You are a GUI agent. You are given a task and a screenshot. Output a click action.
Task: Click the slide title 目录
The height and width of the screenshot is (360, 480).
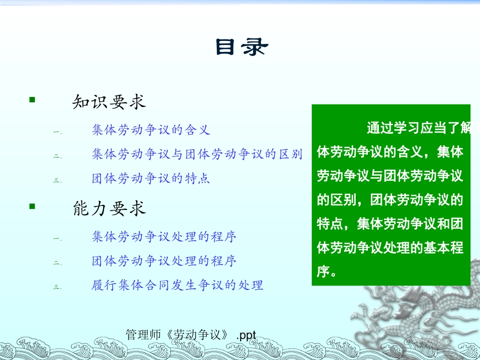[242, 47]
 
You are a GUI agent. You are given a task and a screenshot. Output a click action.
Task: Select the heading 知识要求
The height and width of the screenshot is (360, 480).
[109, 102]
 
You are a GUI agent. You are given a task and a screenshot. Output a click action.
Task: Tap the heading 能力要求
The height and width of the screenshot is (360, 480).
[109, 209]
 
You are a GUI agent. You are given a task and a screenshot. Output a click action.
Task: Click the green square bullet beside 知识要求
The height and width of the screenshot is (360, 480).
[32, 100]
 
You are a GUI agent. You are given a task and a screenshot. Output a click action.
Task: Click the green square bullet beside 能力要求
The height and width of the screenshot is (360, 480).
[32, 206]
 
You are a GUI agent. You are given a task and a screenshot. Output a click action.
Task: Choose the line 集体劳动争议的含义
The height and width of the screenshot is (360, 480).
[151, 130]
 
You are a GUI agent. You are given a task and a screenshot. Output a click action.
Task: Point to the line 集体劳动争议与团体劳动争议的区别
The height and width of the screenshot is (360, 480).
[197, 155]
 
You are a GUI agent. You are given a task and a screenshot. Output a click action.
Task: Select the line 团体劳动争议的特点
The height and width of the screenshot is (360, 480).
[151, 179]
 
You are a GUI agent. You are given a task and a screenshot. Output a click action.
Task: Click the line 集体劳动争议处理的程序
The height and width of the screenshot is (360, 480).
[164, 236]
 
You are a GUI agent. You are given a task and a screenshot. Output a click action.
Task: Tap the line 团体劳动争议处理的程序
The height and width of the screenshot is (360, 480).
[164, 261]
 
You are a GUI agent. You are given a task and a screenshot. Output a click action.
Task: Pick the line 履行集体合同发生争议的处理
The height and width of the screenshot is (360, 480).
[177, 285]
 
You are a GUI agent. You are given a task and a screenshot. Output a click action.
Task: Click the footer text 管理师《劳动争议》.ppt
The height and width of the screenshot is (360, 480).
[191, 334]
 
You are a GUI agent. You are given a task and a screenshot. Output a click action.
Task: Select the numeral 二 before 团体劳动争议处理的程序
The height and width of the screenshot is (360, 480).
[57, 263]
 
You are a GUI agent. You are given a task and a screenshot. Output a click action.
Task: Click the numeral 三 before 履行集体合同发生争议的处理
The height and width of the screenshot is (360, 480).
[57, 287]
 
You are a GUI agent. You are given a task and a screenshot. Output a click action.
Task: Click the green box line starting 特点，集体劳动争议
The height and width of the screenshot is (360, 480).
[390, 224]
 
